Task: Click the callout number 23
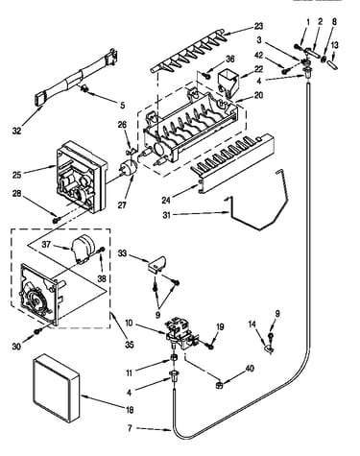[258, 26]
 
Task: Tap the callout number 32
[16, 131]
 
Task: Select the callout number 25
[17, 175]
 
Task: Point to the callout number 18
[130, 410]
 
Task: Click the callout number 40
[250, 369]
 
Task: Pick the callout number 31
[167, 215]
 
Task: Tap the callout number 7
[130, 428]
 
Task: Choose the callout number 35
[130, 345]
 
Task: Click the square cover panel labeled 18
[56, 387]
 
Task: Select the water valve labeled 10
[181, 333]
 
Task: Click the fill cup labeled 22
[228, 84]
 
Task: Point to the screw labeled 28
[57, 220]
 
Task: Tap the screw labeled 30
[38, 331]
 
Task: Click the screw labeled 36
[206, 76]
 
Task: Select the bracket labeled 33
[156, 265]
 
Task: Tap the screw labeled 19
[210, 346]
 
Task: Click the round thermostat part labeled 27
[128, 168]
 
